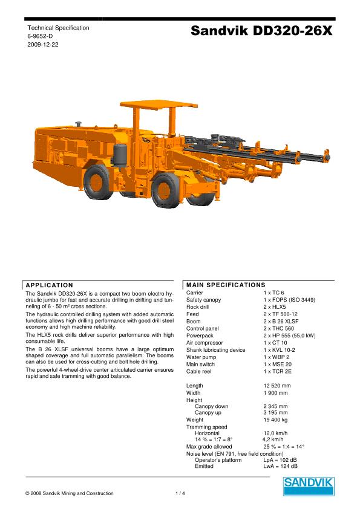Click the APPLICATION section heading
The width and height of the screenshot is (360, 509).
point(49,285)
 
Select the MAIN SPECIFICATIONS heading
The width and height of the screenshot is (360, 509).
point(226,285)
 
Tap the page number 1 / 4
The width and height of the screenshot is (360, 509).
point(180,494)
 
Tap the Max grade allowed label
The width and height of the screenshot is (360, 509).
point(209,447)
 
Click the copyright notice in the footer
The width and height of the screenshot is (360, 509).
point(70,494)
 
